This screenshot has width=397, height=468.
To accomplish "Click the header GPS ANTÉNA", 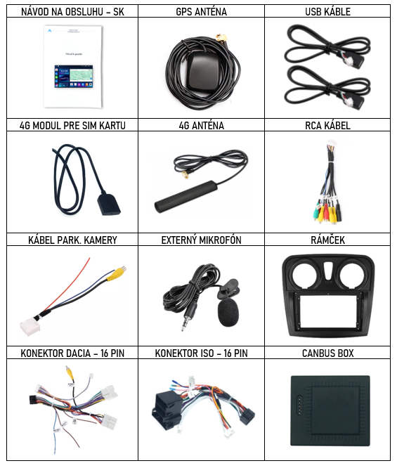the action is (201, 12).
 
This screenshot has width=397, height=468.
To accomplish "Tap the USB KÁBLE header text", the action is (327, 12).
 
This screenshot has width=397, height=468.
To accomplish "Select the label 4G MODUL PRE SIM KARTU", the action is (72, 125).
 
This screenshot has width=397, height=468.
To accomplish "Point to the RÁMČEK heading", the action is (327, 240).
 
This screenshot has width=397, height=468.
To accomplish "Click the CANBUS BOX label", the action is (327, 353).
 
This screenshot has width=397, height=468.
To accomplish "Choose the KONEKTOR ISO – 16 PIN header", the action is (201, 353).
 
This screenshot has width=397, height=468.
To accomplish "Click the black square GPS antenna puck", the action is (203, 72).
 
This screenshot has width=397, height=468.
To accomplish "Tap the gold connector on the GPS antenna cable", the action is (221, 38).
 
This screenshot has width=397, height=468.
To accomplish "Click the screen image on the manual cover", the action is (74, 76).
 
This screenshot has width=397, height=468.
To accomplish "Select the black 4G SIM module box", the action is (108, 204).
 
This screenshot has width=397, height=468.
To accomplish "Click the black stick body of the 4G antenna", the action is (186, 196).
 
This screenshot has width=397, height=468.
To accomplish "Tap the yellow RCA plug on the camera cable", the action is (117, 273).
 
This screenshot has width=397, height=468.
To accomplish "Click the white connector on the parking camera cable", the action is (30, 326).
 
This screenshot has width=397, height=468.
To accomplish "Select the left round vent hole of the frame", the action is (304, 275).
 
